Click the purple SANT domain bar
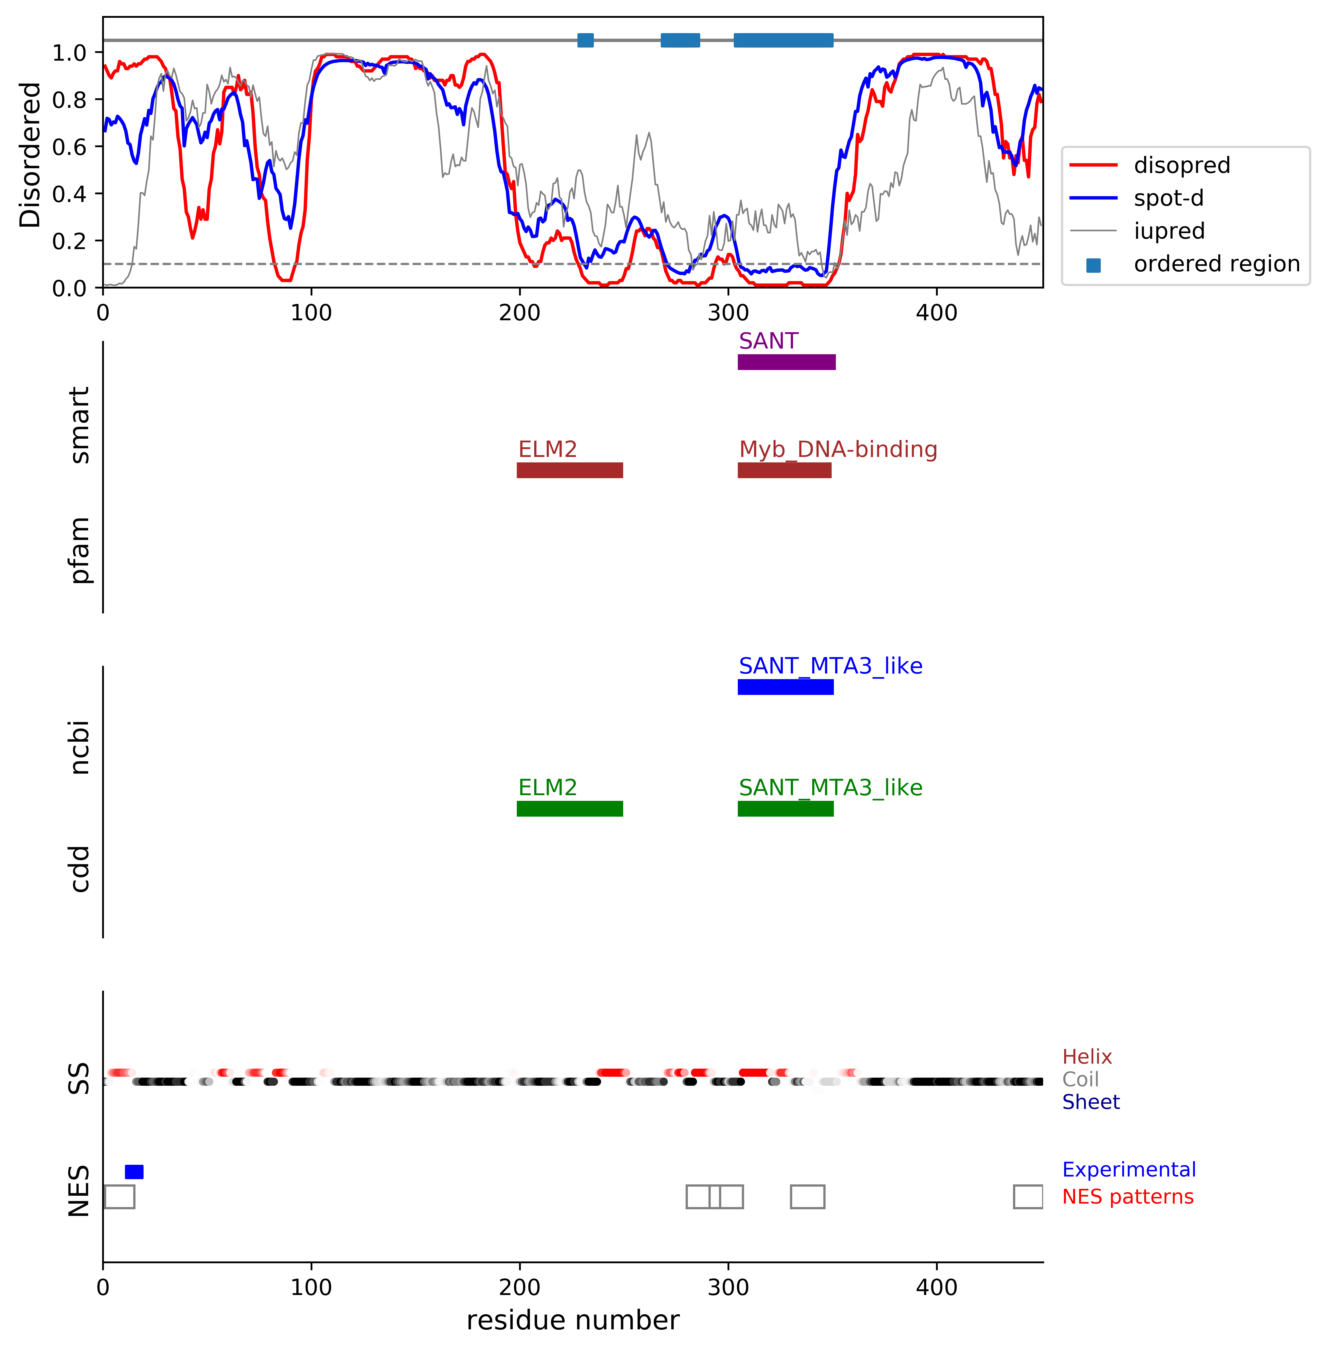click(786, 362)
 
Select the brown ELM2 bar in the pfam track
click(570, 470)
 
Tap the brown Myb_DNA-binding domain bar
click(784, 470)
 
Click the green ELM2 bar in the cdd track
click(570, 809)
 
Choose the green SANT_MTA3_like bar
click(786, 809)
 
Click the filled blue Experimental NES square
click(134, 1172)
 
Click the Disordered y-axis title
click(31, 155)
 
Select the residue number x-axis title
click(572, 1320)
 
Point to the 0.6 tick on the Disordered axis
click(70, 147)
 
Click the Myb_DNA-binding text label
click(838, 449)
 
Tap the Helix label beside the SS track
click(1086, 1057)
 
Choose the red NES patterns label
click(1127, 1197)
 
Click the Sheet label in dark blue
click(1091, 1102)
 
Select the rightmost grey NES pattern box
click(1028, 1197)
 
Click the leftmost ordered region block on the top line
click(586, 40)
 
